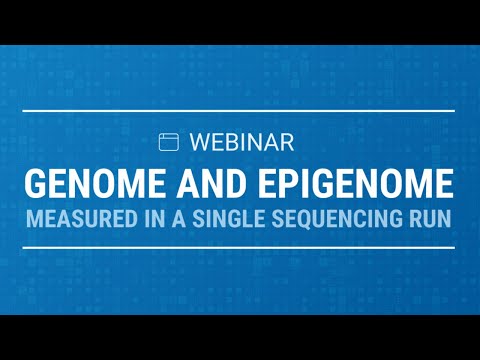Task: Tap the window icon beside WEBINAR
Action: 169,142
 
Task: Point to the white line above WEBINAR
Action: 240,110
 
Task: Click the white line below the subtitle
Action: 240,247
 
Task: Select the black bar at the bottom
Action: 240,337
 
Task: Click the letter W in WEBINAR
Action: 196,142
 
